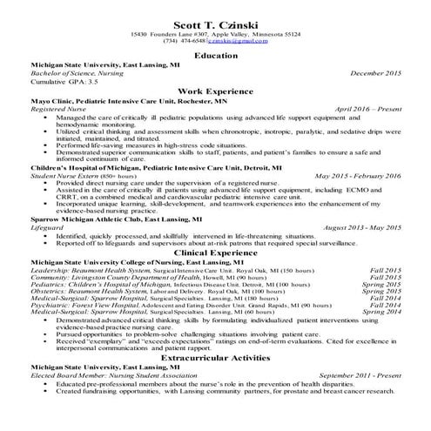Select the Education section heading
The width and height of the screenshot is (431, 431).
tap(215, 55)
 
